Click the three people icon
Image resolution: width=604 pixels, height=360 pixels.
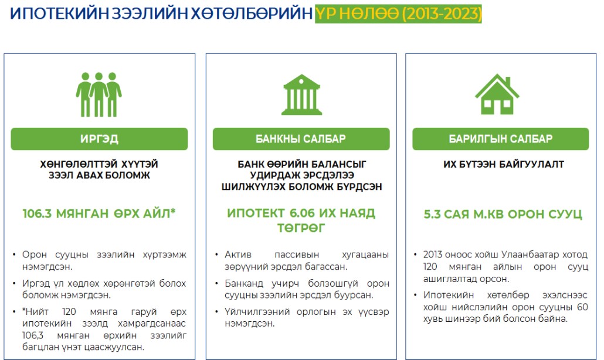tap(99, 94)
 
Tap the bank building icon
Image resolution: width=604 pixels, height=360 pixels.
tap(301, 95)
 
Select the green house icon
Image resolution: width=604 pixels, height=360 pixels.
tap(497, 94)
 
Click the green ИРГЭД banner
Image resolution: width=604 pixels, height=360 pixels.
tap(99, 139)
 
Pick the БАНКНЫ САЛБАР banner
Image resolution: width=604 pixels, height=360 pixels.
tap(301, 139)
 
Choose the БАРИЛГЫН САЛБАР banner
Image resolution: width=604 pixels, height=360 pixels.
tap(500, 139)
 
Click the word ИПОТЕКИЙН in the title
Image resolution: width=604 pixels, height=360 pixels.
tap(60, 14)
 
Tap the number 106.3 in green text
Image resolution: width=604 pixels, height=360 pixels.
tap(37, 213)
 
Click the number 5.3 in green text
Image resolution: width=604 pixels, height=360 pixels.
tap(432, 214)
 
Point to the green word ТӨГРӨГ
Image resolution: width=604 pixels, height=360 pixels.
tap(301, 228)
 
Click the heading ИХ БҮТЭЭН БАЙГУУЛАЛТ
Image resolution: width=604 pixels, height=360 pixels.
tap(504, 164)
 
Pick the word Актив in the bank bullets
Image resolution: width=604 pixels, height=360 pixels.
tap(238, 254)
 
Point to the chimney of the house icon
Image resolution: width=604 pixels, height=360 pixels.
tap(508, 81)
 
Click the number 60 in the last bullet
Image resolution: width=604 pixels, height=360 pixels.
tap(582, 307)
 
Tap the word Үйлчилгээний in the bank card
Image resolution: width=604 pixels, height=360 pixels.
tap(257, 311)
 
